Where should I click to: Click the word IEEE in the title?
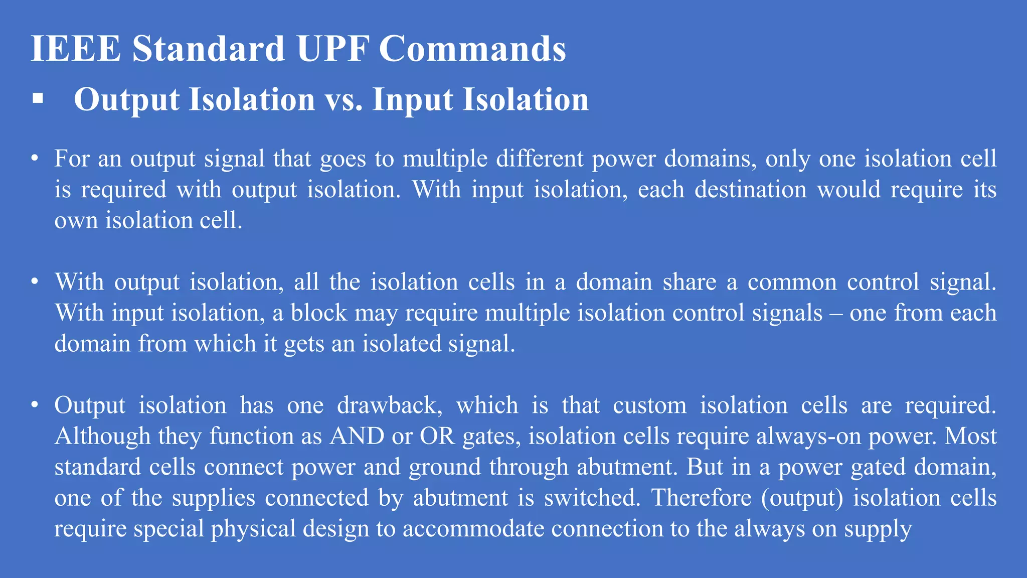point(76,49)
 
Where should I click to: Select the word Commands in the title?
point(472,49)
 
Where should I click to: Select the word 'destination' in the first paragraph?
point(751,190)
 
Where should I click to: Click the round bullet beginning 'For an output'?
point(34,159)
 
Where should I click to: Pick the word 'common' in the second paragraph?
point(792,282)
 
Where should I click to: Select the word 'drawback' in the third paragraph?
point(389,405)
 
